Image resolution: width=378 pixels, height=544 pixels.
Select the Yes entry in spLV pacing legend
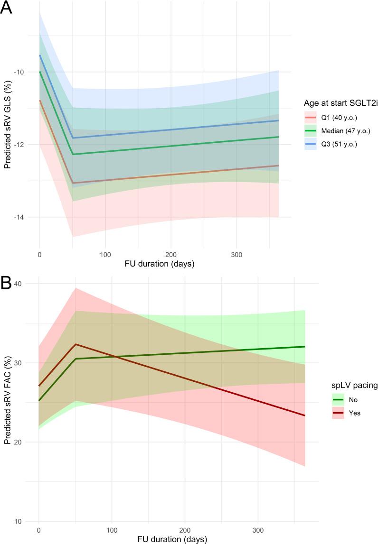coord(341,413)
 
